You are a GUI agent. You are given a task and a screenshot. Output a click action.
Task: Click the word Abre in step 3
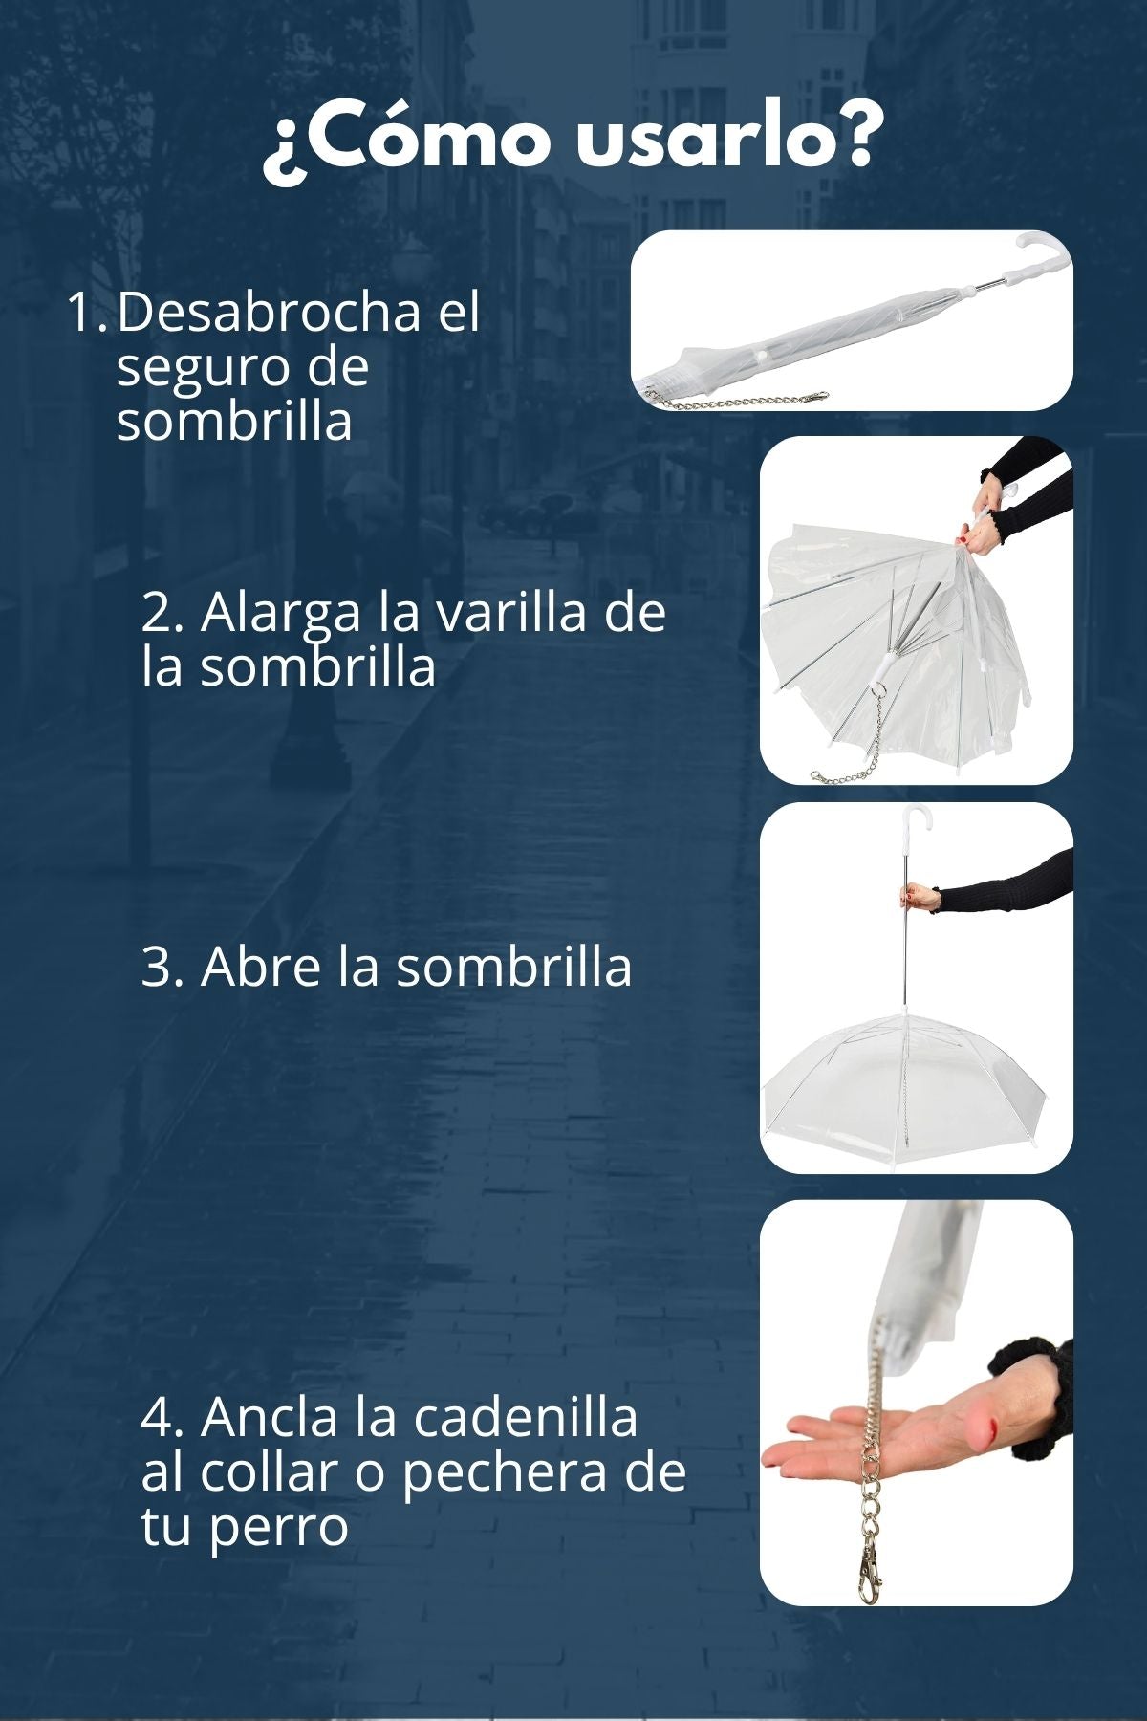tap(261, 967)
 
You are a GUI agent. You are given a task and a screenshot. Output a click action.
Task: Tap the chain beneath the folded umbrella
tap(736, 399)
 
